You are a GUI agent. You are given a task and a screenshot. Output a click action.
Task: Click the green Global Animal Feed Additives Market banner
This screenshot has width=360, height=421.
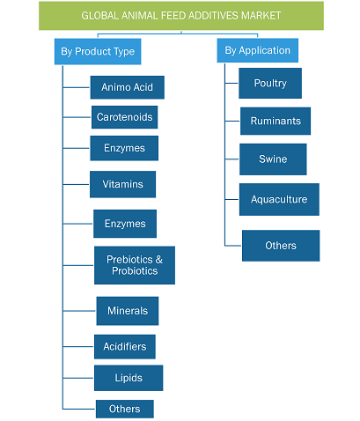(x=181, y=16)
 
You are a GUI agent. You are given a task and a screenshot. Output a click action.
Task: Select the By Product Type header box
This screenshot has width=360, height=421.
(x=98, y=51)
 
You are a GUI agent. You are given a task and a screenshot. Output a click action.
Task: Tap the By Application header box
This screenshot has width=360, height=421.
(x=258, y=50)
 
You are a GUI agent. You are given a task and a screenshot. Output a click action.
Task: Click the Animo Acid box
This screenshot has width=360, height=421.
(x=128, y=87)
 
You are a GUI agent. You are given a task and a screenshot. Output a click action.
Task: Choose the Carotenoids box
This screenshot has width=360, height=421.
(x=125, y=117)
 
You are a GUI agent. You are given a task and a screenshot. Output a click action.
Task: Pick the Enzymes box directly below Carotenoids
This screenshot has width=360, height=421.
(x=124, y=148)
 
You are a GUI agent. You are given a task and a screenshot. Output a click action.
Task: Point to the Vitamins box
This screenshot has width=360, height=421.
(x=123, y=184)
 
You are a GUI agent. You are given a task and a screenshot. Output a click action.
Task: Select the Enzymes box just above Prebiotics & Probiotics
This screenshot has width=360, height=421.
(x=125, y=224)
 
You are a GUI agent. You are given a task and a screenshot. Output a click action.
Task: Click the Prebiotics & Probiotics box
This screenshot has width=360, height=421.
(x=135, y=265)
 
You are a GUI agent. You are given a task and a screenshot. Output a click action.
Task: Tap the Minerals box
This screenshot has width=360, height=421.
(x=128, y=311)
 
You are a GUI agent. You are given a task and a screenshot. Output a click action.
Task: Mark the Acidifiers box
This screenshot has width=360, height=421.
(x=125, y=346)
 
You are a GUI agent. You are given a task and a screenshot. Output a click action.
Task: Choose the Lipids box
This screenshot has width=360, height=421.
(x=129, y=378)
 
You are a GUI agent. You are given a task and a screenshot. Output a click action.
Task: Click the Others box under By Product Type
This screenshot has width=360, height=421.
(x=125, y=409)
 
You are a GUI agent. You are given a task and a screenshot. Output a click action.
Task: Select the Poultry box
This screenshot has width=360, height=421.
(x=270, y=83)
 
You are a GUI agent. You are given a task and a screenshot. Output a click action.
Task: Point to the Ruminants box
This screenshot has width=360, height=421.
(x=276, y=121)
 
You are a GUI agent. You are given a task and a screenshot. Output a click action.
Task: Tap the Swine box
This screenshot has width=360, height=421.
(x=273, y=159)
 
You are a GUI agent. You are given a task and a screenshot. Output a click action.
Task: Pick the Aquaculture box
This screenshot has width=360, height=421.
(x=279, y=199)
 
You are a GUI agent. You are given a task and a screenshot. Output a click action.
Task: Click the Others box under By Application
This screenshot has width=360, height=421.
(x=281, y=246)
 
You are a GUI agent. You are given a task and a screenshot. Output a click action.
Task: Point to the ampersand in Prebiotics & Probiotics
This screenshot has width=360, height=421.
(x=159, y=260)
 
